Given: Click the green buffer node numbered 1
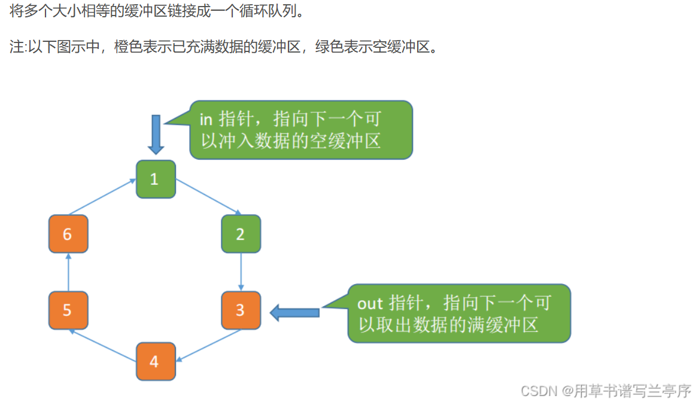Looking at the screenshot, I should [x=156, y=179].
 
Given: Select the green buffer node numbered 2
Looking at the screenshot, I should [x=241, y=234].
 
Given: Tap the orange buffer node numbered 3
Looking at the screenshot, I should [x=241, y=310].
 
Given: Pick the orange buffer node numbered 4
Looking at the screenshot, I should [x=156, y=361].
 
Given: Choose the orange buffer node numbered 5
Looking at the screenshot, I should [x=68, y=310].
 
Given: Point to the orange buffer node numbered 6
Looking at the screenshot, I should [x=68, y=234].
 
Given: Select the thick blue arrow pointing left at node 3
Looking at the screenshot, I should [x=294, y=312].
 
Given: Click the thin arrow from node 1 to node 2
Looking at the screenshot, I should [x=208, y=197].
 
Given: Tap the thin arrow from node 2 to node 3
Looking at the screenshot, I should [x=241, y=271].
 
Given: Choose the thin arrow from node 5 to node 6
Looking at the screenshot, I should [x=68, y=271].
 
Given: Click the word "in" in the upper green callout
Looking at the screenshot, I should [x=206, y=119].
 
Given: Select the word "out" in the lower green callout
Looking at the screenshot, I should [x=370, y=303].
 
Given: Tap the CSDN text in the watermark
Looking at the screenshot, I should [x=539, y=390].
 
